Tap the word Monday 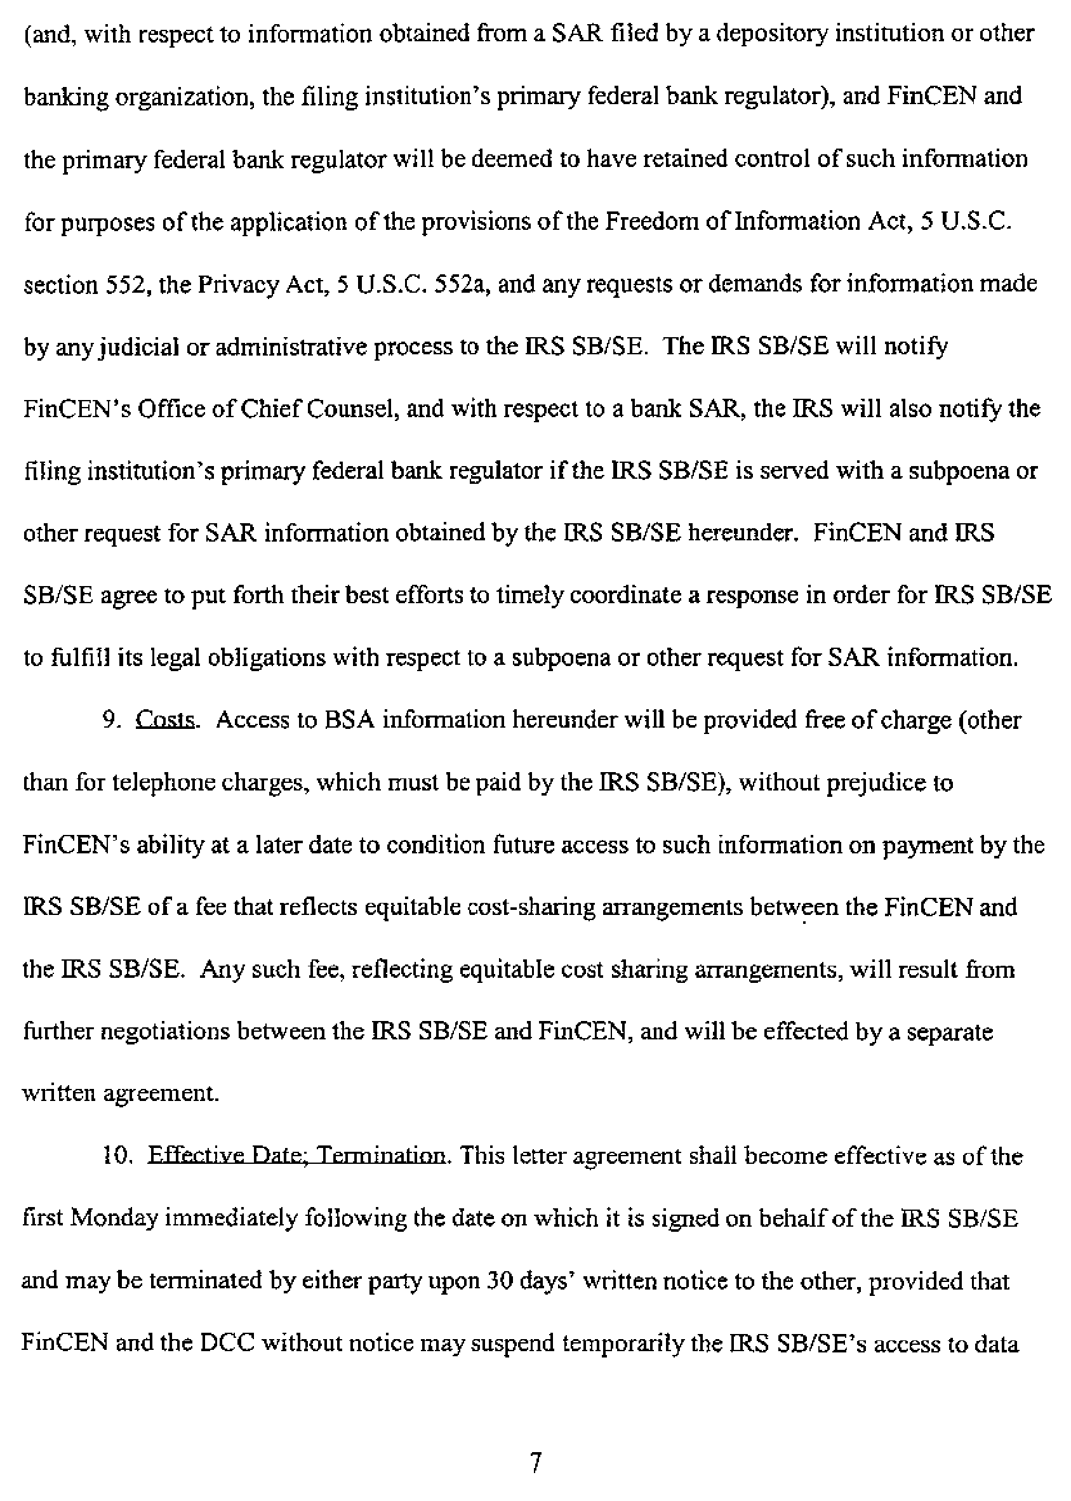[114, 1218]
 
